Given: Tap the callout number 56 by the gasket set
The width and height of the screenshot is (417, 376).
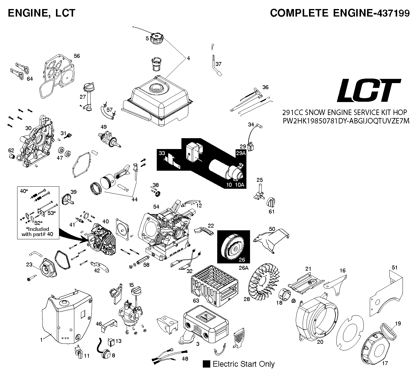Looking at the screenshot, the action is point(77,56).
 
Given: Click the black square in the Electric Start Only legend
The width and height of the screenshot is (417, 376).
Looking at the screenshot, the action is point(206,364).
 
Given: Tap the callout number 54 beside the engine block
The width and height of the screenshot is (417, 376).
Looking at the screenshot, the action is point(156,207).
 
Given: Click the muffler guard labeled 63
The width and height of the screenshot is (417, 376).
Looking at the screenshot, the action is point(215,286).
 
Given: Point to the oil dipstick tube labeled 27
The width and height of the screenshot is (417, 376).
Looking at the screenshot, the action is point(88,97).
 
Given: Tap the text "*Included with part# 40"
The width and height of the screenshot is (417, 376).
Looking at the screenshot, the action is point(37,232).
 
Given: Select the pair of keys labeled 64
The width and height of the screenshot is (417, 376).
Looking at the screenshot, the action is point(20,71).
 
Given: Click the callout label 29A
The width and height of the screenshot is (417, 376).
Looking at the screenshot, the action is point(241,153).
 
